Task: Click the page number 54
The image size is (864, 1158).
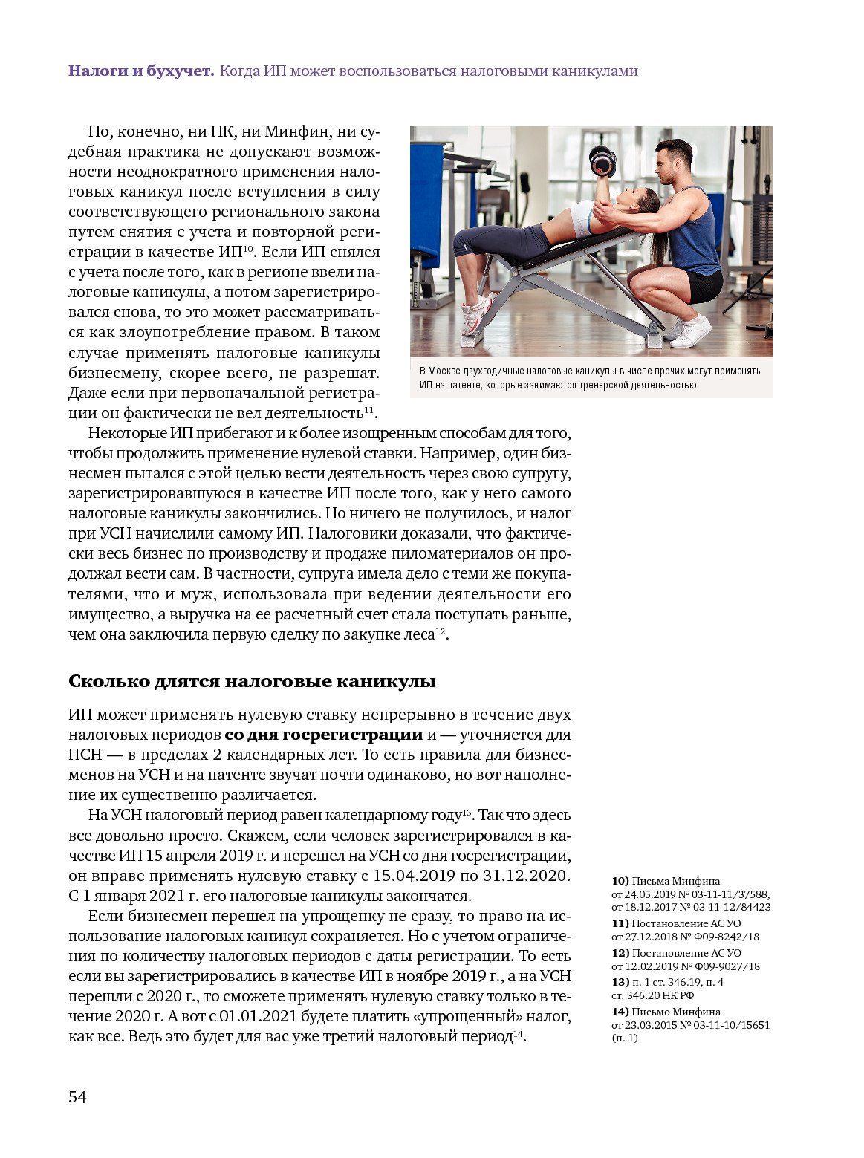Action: (x=77, y=1097)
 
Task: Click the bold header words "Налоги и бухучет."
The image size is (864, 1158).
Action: (x=141, y=71)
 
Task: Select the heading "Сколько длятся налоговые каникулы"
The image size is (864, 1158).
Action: (x=252, y=681)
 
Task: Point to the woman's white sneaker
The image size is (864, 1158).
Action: (x=476, y=313)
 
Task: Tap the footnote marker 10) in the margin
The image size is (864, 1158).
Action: (x=620, y=881)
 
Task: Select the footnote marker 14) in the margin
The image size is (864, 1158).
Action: (x=620, y=1012)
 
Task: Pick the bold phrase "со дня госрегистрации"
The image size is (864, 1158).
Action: (x=323, y=735)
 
